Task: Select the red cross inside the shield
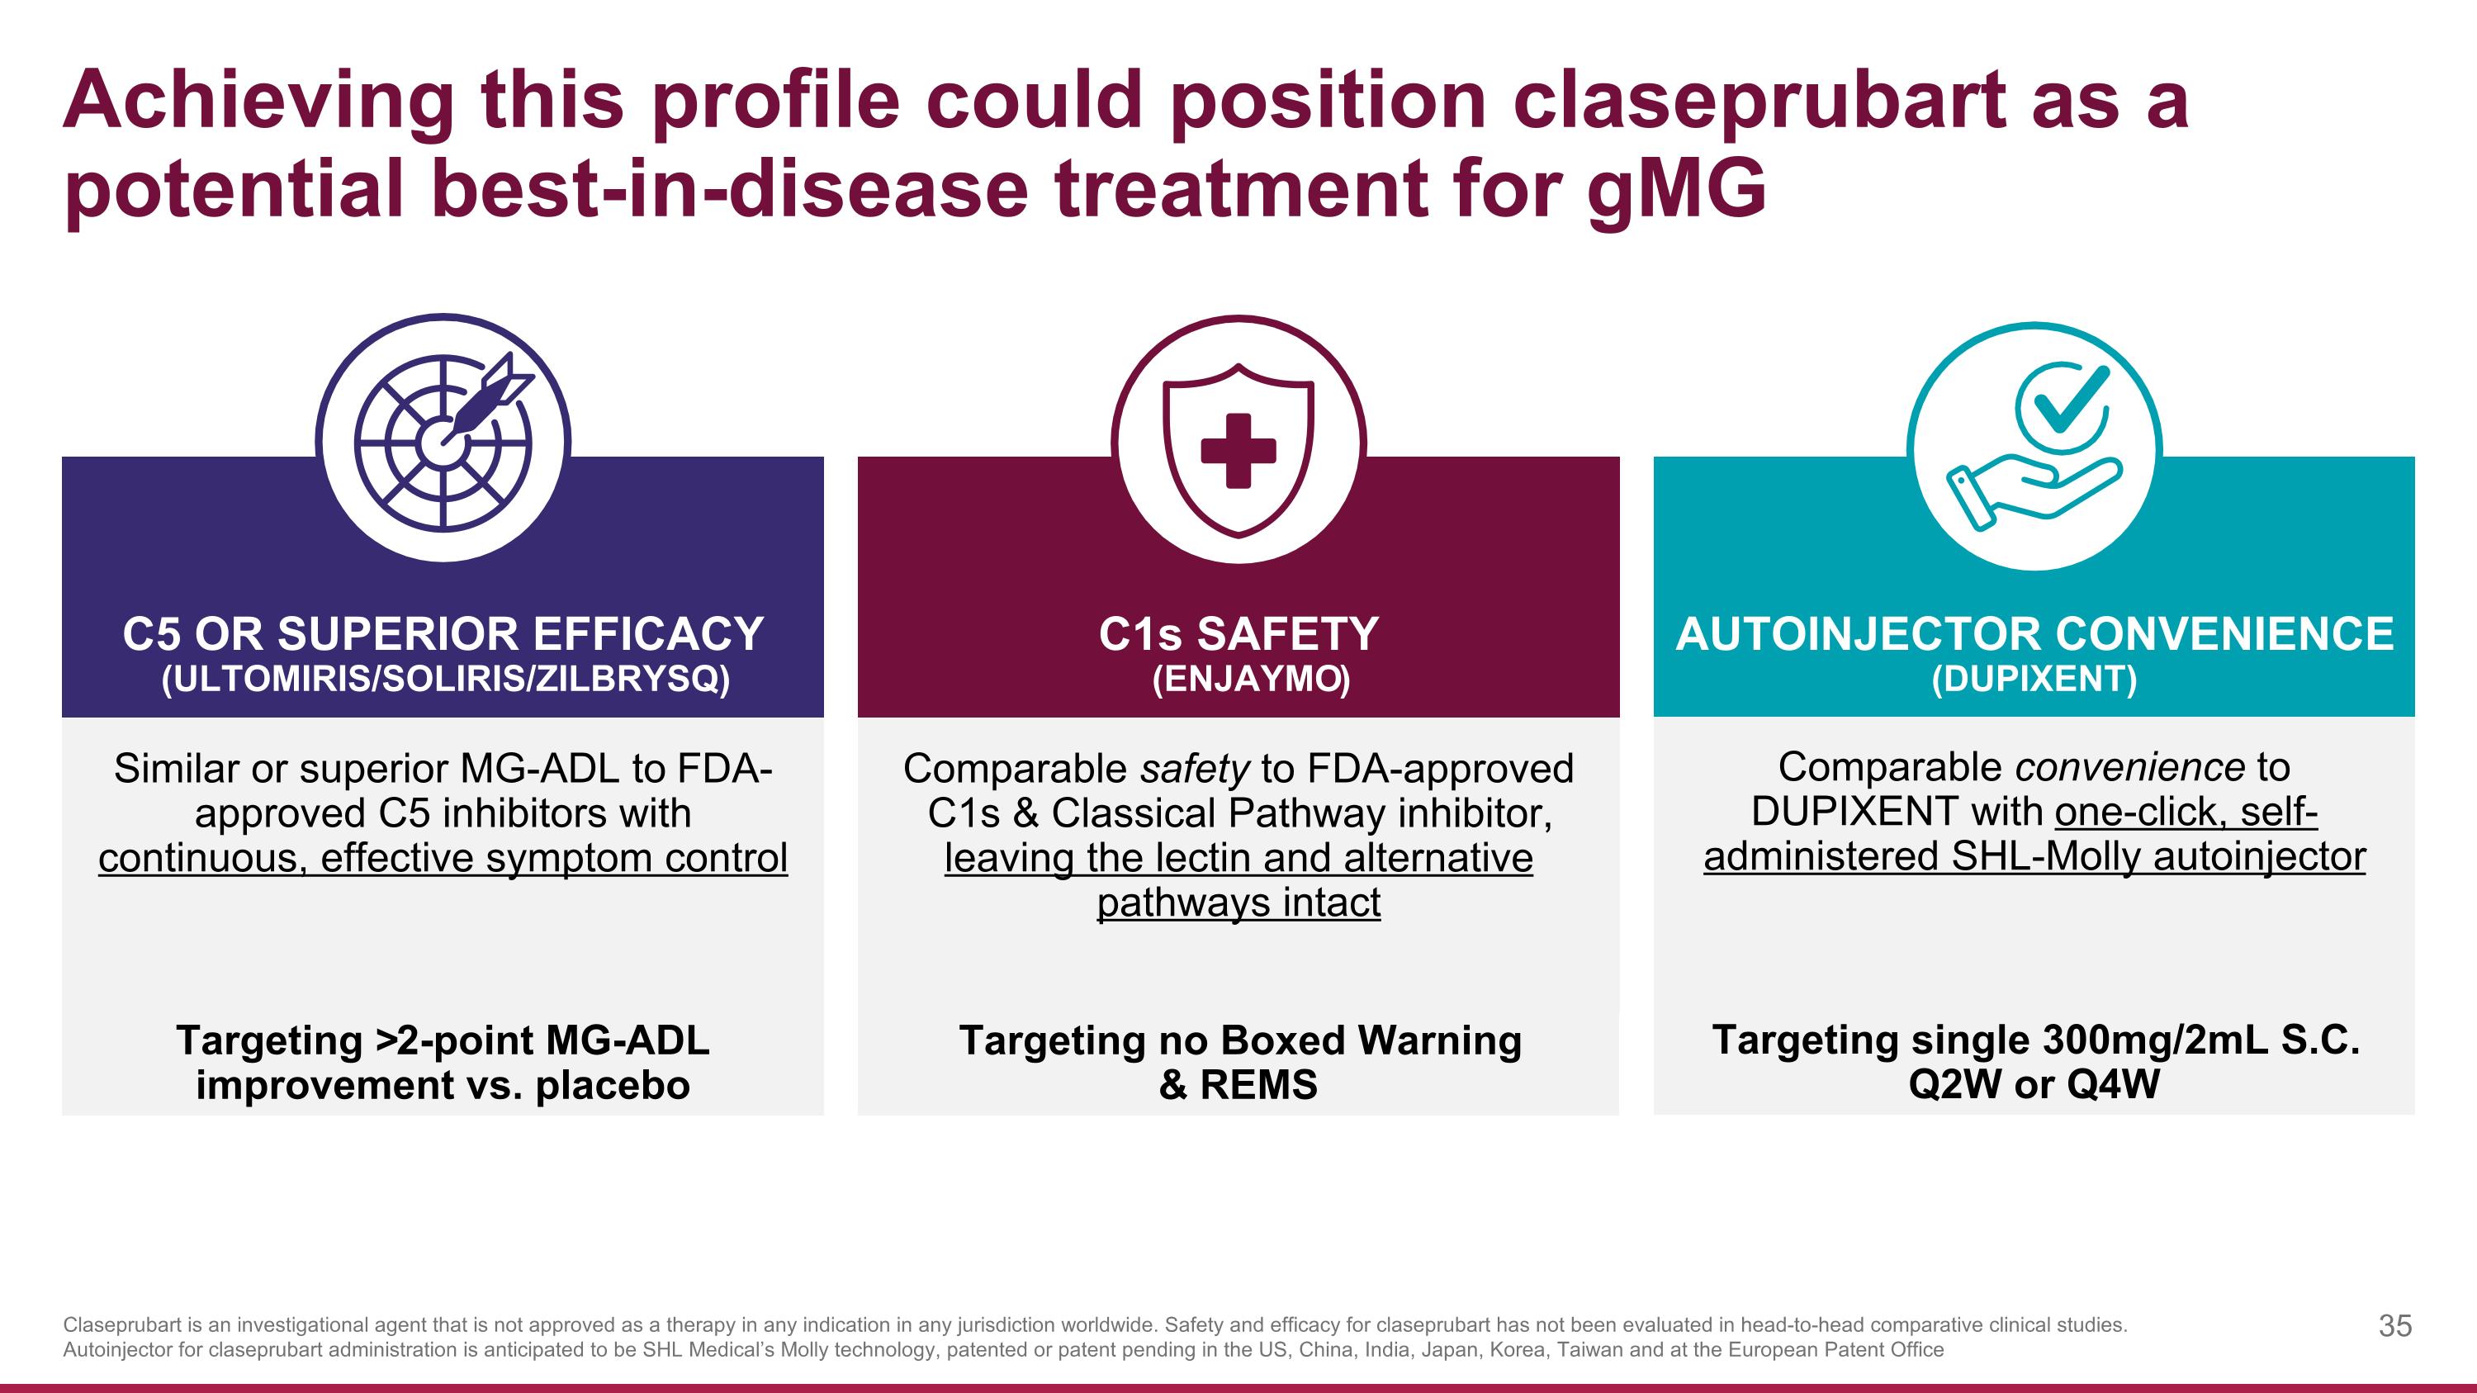[x=1238, y=450]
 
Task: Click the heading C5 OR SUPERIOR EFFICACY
[x=443, y=634]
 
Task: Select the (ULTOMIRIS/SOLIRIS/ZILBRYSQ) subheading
[x=445, y=680]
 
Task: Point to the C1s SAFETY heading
[x=1238, y=634]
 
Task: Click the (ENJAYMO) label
[x=1251, y=680]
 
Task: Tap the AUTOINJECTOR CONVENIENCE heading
[x=2034, y=634]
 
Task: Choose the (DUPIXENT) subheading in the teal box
[x=2034, y=680]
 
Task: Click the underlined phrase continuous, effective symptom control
[x=443, y=858]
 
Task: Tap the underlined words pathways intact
[x=1238, y=903]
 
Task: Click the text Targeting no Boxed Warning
[x=1239, y=1040]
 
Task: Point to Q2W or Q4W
[x=2034, y=1084]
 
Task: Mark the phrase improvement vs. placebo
[x=443, y=1085]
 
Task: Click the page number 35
[x=2394, y=1326]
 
